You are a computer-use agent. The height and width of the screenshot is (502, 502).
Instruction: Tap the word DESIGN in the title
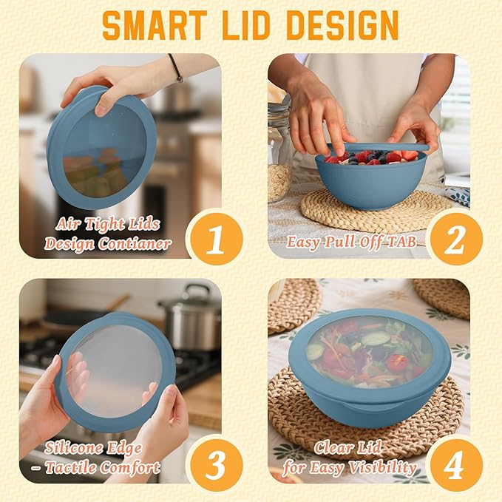pos(345,25)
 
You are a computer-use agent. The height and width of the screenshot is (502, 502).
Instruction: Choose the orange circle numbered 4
pos(456,464)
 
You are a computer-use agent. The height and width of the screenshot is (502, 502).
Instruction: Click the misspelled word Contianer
pos(135,244)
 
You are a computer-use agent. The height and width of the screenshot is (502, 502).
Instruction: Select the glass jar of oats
pos(279,153)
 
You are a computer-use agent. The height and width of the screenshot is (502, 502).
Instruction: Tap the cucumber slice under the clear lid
pos(376,339)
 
